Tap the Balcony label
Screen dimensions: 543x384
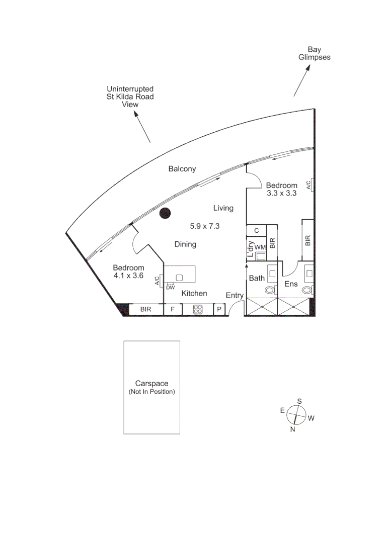pyautogui.click(x=182, y=169)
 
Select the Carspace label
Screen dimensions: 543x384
pyautogui.click(x=151, y=383)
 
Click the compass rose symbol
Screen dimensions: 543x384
pyautogui.click(x=297, y=415)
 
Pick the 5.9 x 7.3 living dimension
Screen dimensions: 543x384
pyautogui.click(x=205, y=226)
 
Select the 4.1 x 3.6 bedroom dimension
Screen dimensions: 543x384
pyautogui.click(x=128, y=276)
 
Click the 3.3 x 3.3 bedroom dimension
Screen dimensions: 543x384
pyautogui.click(x=281, y=193)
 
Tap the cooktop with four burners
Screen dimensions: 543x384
pyautogui.click(x=198, y=310)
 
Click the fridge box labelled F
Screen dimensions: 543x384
pyautogui.click(x=173, y=310)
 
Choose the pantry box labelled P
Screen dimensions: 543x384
pyautogui.click(x=219, y=310)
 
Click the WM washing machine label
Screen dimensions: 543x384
pyautogui.click(x=260, y=247)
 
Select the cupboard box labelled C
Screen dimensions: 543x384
pyautogui.click(x=256, y=231)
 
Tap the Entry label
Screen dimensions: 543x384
pyautogui.click(x=235, y=296)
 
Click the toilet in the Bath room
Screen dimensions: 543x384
pyautogui.click(x=270, y=290)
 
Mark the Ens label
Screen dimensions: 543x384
pyautogui.click(x=291, y=284)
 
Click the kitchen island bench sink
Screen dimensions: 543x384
pyautogui.click(x=179, y=278)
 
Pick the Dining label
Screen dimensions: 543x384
pyautogui.click(x=185, y=245)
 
